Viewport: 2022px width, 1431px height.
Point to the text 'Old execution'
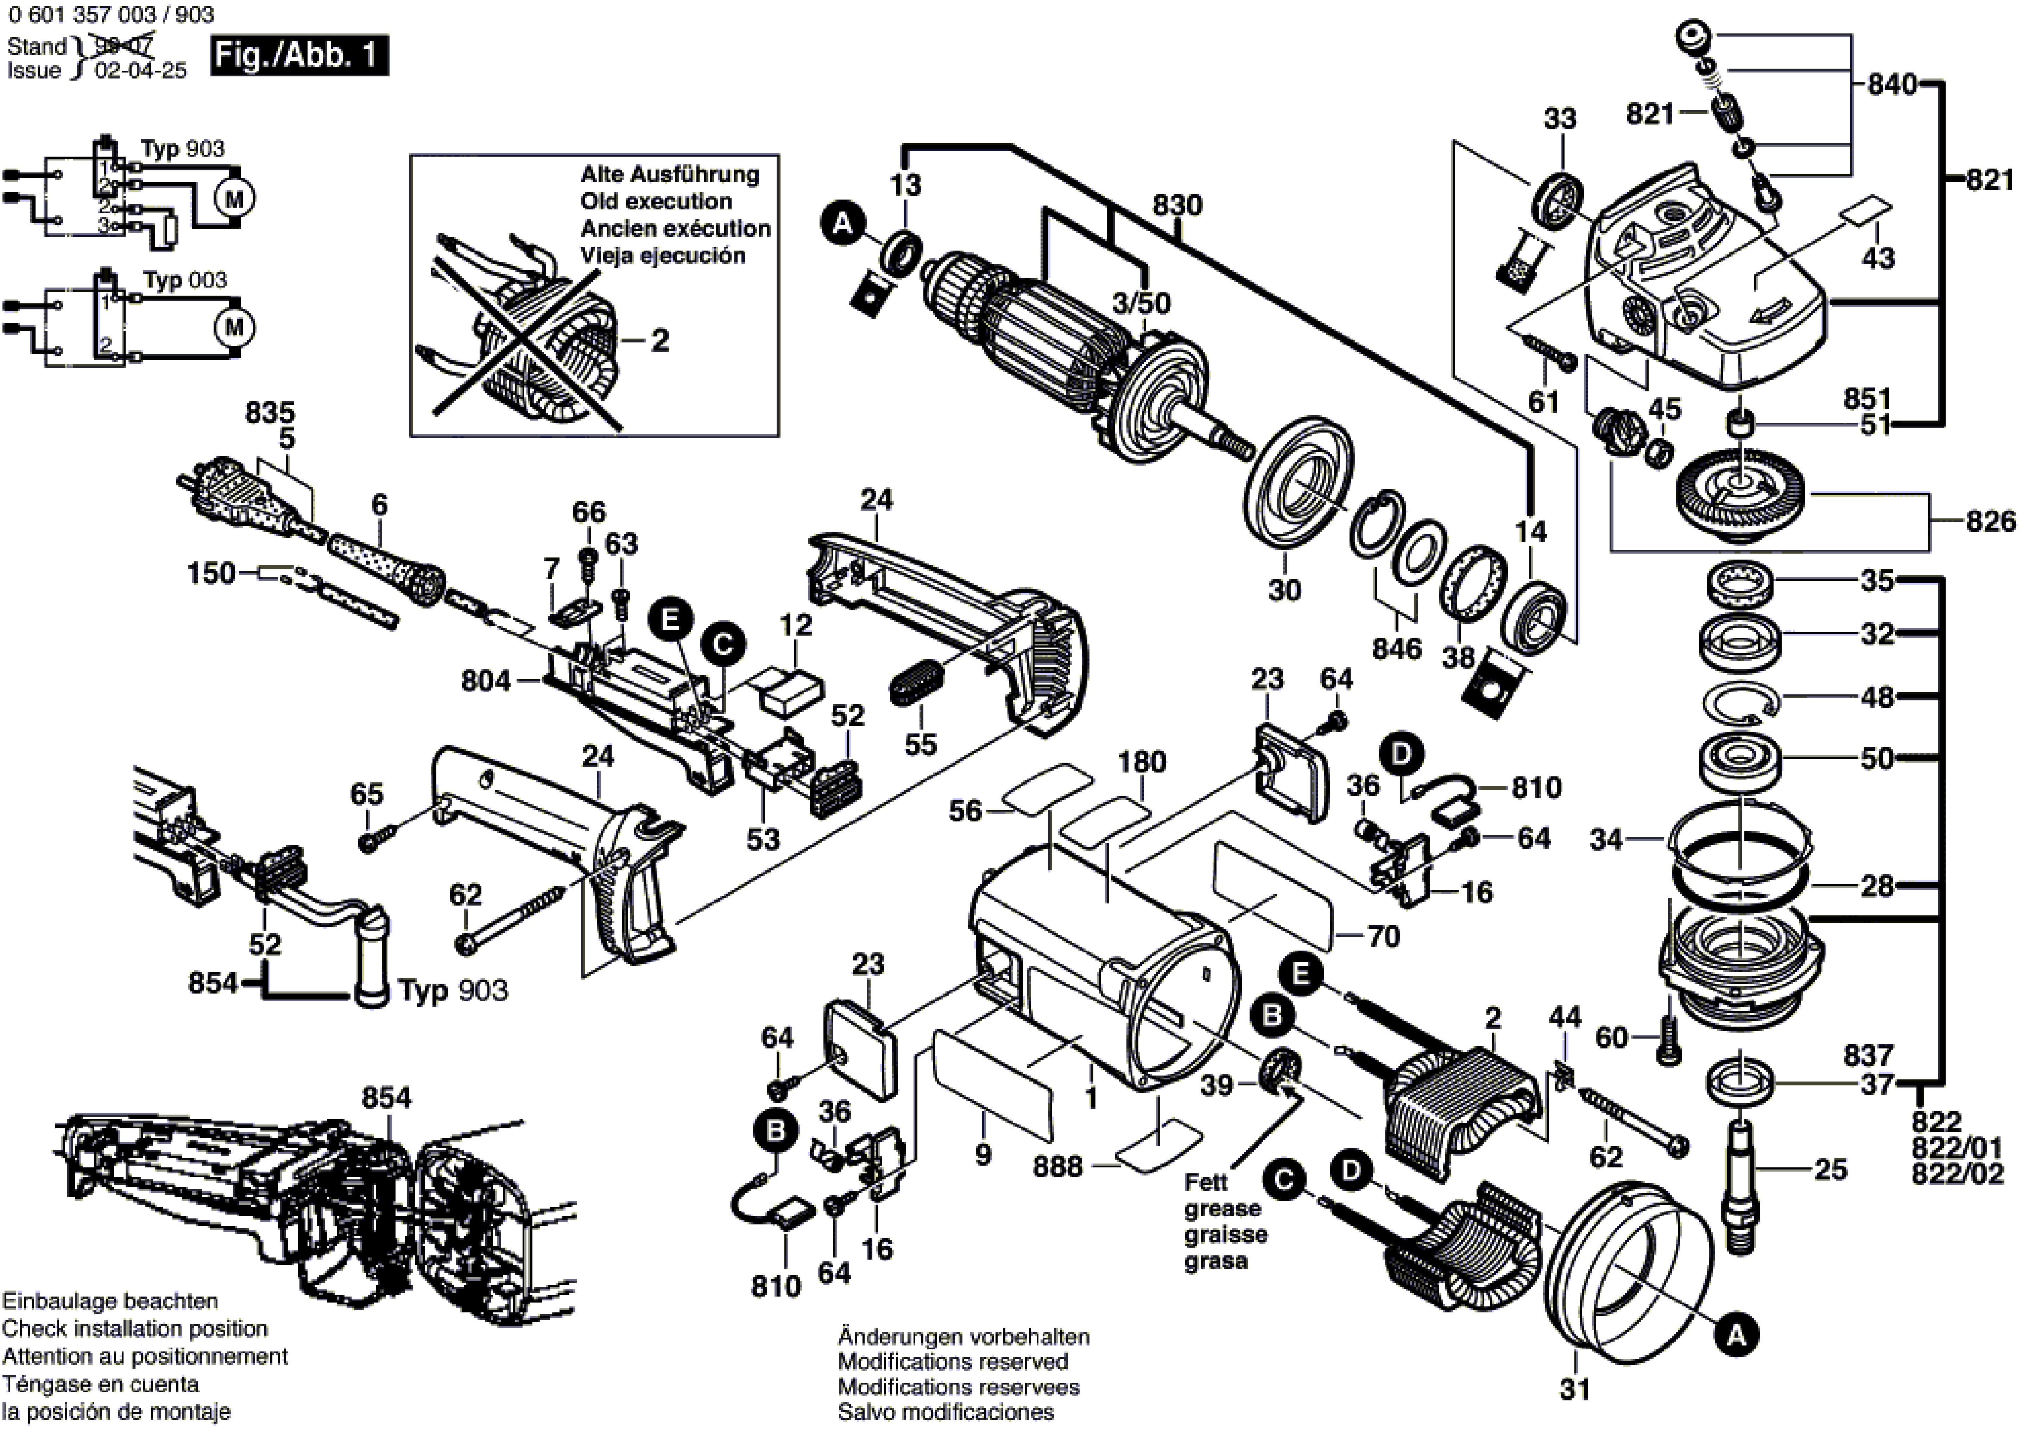(656, 201)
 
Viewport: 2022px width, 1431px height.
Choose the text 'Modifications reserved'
(953, 1361)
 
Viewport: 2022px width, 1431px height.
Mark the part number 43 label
(1877, 258)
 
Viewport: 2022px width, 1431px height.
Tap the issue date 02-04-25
(141, 70)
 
